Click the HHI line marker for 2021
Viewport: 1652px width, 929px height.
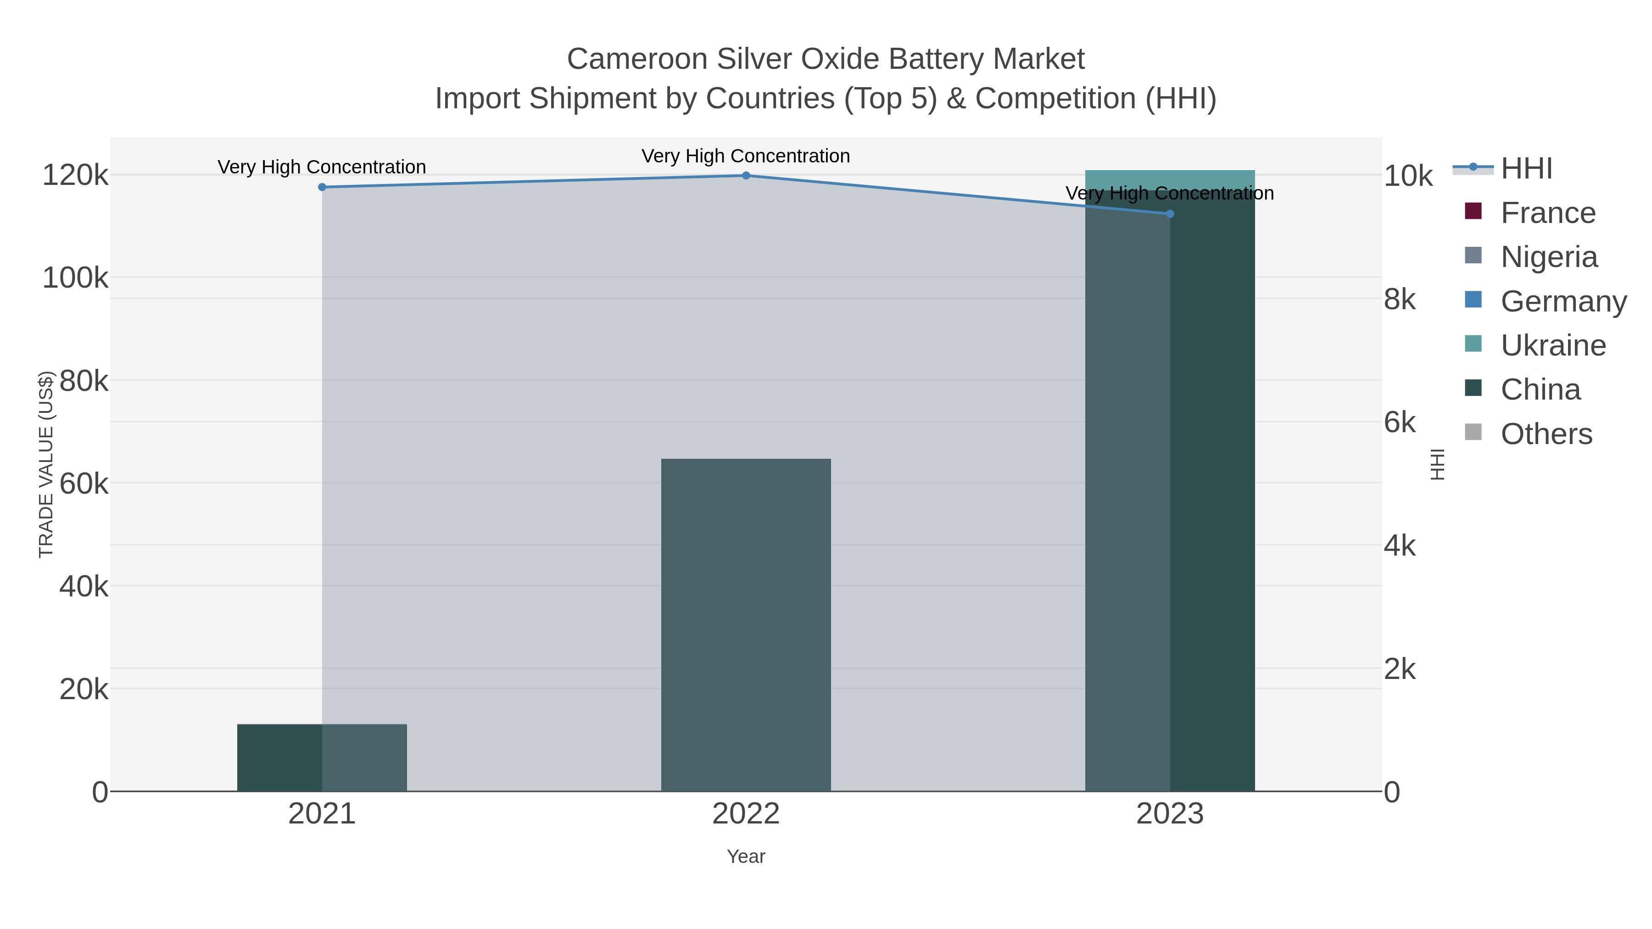[322, 187]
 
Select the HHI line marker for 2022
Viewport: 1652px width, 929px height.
[746, 176]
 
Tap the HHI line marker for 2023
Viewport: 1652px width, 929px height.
[1170, 213]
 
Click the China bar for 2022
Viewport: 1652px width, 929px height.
[746, 625]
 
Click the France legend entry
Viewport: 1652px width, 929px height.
[1547, 213]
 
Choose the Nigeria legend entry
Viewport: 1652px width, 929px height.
[1549, 257]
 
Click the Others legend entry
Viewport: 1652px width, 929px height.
[1546, 434]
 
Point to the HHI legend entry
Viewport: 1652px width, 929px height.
[1526, 169]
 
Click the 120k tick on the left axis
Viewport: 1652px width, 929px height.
[75, 175]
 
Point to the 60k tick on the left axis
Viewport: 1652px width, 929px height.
[84, 484]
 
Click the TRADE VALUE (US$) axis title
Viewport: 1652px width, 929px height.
[46, 464]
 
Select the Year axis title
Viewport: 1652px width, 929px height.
[746, 857]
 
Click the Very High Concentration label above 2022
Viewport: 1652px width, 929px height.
[746, 156]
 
